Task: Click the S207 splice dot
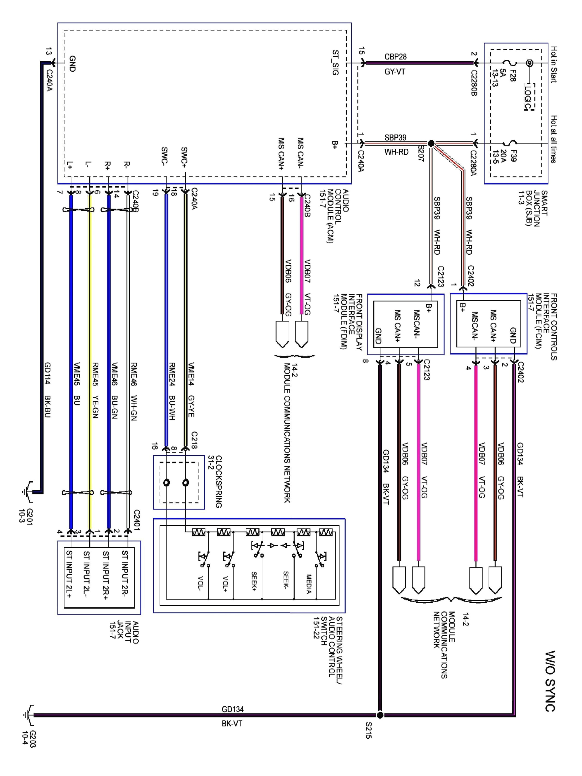point(431,143)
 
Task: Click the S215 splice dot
point(380,715)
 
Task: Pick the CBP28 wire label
point(395,57)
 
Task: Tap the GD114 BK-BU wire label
point(48,389)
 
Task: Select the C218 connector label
point(194,440)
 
